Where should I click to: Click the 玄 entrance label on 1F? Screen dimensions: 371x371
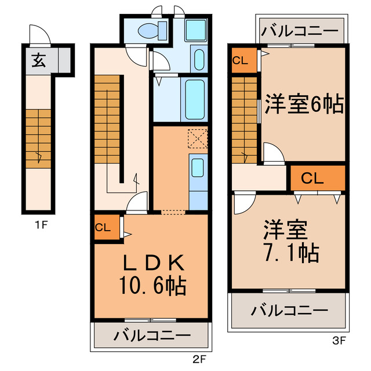point(37,59)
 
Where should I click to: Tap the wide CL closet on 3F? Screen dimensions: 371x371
point(317,179)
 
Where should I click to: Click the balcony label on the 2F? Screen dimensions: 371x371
point(151,335)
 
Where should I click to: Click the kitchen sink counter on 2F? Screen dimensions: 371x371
point(198,174)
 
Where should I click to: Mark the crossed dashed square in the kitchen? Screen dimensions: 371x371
point(197,139)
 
